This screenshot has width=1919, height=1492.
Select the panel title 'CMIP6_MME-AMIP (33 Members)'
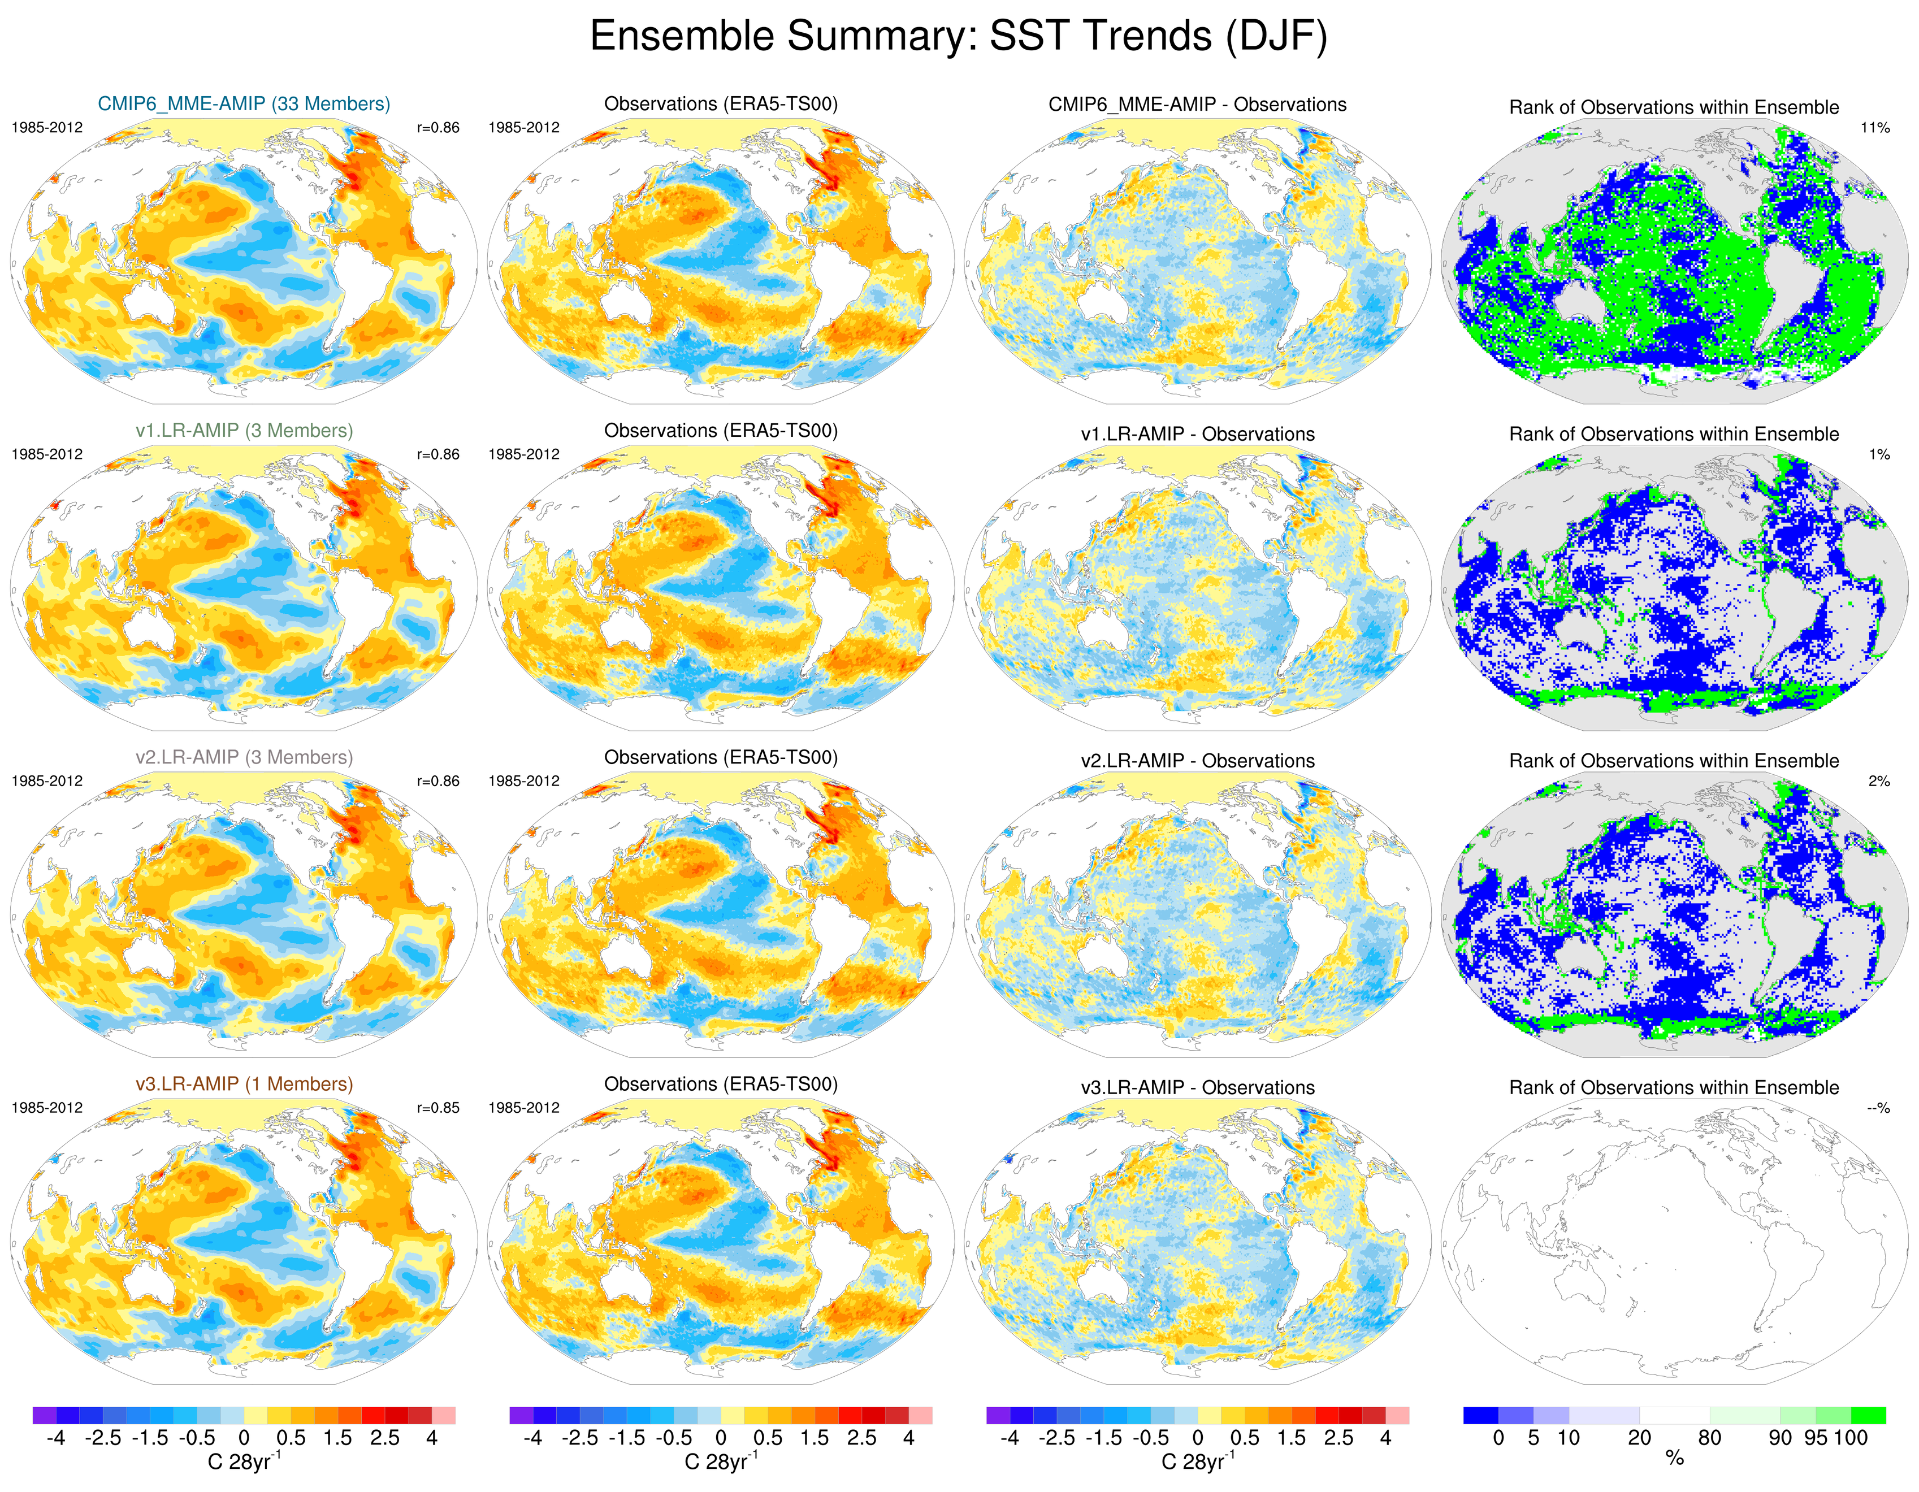click(244, 103)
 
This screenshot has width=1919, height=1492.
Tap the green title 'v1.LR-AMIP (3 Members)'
click(244, 431)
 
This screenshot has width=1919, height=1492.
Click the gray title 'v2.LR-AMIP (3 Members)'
click(244, 757)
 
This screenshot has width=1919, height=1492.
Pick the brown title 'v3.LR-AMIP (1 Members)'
click(244, 1085)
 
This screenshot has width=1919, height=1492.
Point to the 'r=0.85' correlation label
click(437, 1108)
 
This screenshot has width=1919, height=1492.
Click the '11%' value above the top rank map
click(1874, 127)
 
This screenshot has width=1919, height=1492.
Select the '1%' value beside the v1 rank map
click(1878, 454)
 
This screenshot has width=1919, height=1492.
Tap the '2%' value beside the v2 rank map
click(1878, 781)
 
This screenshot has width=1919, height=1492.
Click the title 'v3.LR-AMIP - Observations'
click(1197, 1088)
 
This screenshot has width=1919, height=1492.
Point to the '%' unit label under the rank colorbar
click(1674, 1459)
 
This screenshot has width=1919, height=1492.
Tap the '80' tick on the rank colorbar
click(1709, 1438)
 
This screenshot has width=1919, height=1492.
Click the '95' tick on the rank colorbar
click(1816, 1438)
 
